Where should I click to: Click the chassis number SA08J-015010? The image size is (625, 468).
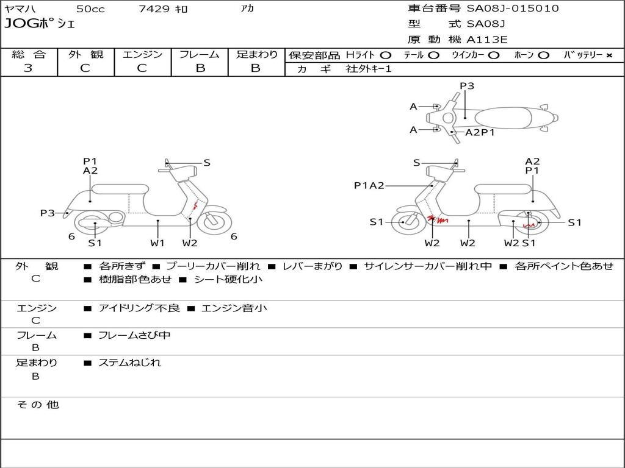click(x=513, y=9)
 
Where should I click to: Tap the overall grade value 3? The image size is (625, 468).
click(x=28, y=68)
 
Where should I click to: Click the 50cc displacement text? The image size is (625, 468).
click(x=90, y=9)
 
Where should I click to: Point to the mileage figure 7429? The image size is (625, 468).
click(x=154, y=9)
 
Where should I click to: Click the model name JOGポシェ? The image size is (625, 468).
click(x=40, y=24)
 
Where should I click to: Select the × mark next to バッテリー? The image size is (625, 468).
click(x=609, y=55)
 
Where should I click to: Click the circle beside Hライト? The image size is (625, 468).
click(x=386, y=55)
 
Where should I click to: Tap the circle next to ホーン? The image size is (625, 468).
click(x=543, y=55)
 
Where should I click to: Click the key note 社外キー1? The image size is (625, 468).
click(x=369, y=69)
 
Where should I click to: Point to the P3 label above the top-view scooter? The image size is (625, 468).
click(x=467, y=85)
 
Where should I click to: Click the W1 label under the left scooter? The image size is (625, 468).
click(x=157, y=243)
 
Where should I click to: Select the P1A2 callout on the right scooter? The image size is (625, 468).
click(x=369, y=185)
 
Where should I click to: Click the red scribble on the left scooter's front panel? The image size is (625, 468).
click(x=195, y=206)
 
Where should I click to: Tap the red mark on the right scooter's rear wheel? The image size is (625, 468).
click(x=529, y=225)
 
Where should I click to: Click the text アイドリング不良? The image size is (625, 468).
click(x=139, y=308)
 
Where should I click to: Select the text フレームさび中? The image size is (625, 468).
click(x=134, y=336)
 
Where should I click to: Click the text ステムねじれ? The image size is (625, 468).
click(x=129, y=363)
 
